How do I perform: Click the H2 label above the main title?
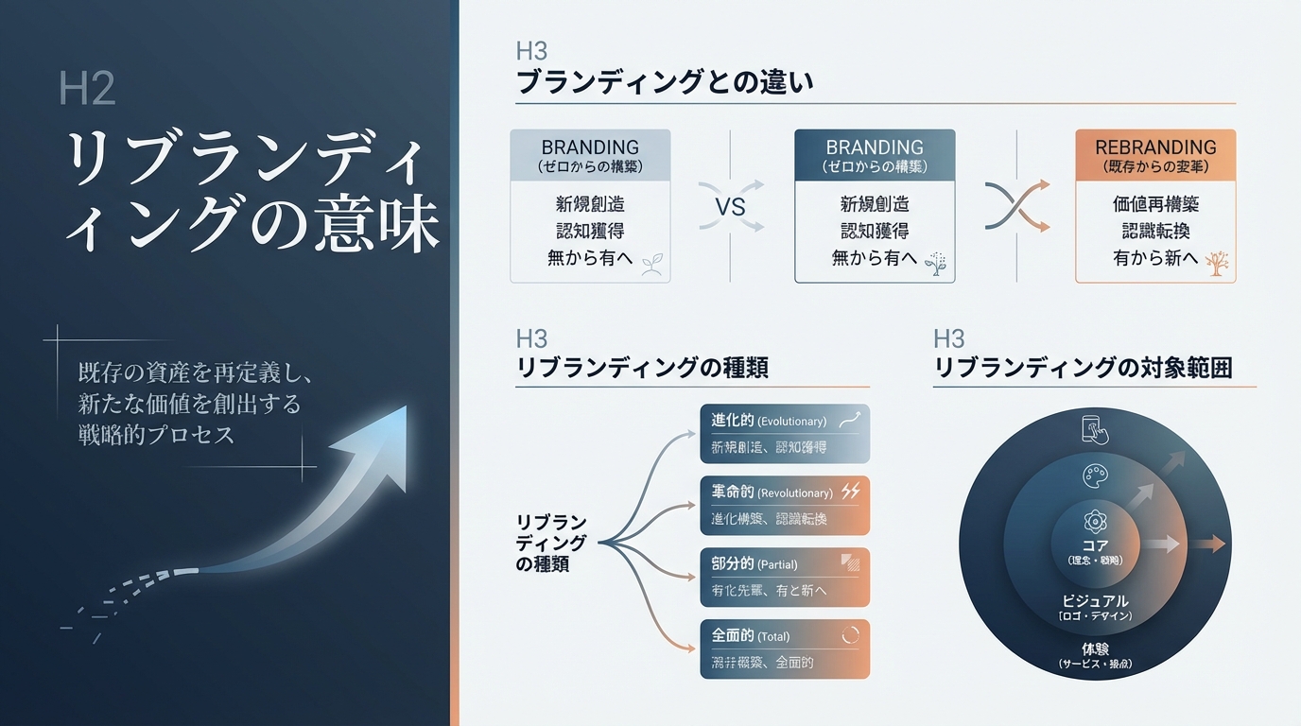pyautogui.click(x=87, y=89)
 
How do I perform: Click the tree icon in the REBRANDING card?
pyautogui.click(x=1218, y=263)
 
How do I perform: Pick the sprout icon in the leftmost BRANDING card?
pyautogui.click(x=651, y=264)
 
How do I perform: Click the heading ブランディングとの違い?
pyautogui.click(x=665, y=82)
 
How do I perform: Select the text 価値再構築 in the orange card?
pyautogui.click(x=1155, y=204)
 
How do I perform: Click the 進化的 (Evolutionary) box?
pyautogui.click(x=784, y=434)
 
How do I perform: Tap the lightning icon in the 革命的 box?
pyautogui.click(x=850, y=492)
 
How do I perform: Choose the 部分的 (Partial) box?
pyautogui.click(x=784, y=578)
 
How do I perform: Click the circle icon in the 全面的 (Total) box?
pyautogui.click(x=850, y=635)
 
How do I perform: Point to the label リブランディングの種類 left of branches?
pyautogui.click(x=552, y=544)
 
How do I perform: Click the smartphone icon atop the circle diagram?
pyautogui.click(x=1094, y=430)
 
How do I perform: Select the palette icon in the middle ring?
pyautogui.click(x=1094, y=475)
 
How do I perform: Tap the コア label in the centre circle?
pyautogui.click(x=1094, y=545)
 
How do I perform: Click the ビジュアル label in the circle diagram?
pyautogui.click(x=1094, y=601)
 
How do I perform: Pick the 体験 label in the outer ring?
pyautogui.click(x=1094, y=648)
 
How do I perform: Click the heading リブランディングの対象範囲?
pyautogui.click(x=1083, y=368)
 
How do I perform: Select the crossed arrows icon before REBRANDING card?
pyautogui.click(x=1016, y=205)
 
